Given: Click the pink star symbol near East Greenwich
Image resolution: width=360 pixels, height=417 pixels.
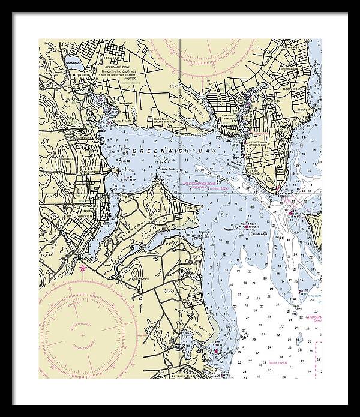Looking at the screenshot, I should pos(83,268).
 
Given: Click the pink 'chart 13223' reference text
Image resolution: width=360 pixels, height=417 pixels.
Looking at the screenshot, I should pos(275,363).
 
